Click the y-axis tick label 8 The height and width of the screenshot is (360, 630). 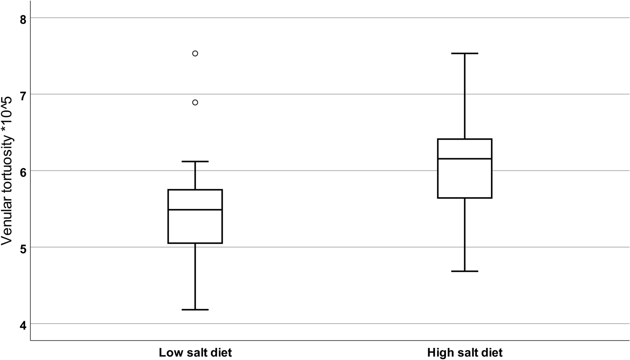[23, 20]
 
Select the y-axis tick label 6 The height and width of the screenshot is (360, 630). [23, 173]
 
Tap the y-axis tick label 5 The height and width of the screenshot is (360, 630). [23, 249]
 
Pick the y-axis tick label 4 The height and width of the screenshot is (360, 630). [23, 325]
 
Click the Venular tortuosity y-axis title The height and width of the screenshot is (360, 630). [7, 171]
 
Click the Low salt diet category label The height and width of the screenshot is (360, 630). [195, 353]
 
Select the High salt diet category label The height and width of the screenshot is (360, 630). [464, 353]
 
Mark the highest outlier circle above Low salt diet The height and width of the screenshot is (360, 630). [195, 53]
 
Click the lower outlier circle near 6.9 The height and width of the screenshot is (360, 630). [195, 102]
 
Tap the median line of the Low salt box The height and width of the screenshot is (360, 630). [195, 210]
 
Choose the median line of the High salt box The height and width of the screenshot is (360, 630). [464, 159]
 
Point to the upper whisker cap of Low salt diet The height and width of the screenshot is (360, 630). [195, 162]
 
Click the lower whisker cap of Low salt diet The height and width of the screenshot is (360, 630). [195, 309]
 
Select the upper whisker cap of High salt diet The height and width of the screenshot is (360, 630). [464, 53]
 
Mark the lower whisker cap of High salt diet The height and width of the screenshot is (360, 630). [464, 271]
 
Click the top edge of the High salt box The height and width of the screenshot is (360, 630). [464, 139]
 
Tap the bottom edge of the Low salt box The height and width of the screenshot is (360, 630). [195, 243]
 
